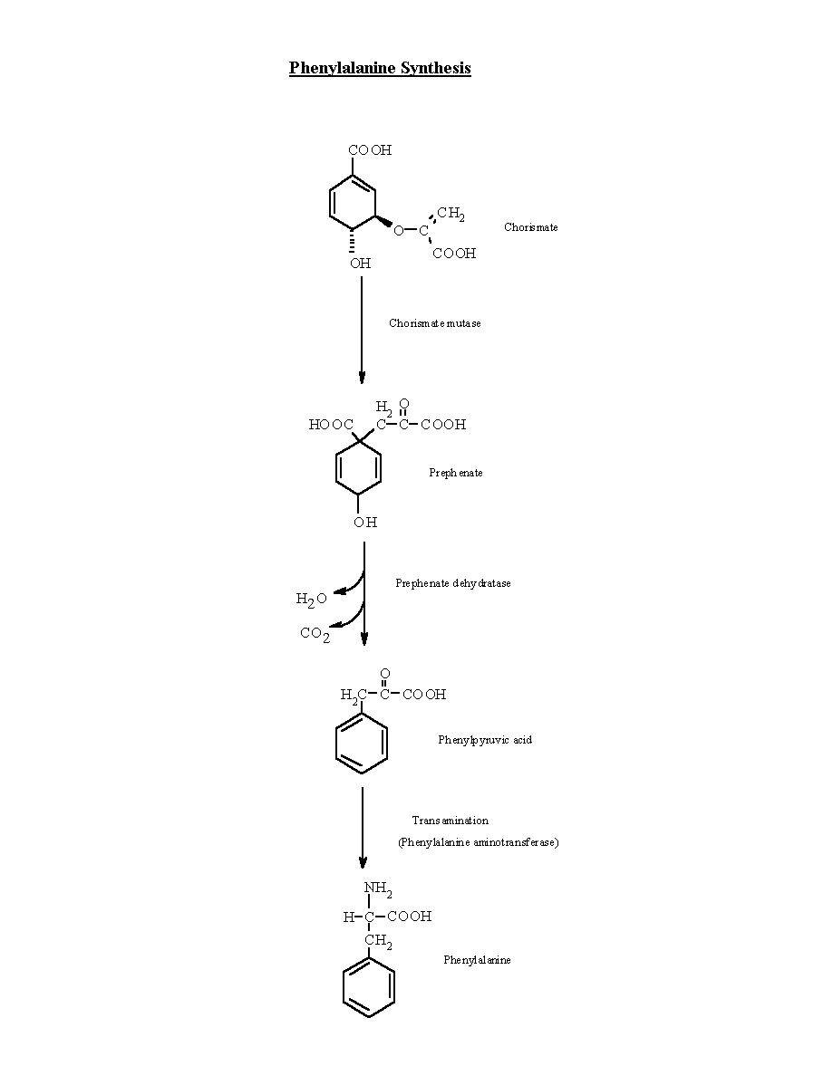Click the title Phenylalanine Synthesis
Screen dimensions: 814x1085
(380, 68)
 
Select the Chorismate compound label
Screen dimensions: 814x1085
(530, 227)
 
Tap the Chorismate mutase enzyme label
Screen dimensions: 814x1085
(434, 323)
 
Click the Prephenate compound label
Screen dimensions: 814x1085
(455, 473)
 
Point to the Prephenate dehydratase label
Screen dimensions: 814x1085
(453, 583)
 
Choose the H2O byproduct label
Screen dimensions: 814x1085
(311, 600)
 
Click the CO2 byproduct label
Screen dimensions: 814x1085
(315, 634)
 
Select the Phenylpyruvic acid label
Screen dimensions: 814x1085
(485, 740)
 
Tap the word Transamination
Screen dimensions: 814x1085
(451, 821)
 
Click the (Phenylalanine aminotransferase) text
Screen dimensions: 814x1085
(478, 842)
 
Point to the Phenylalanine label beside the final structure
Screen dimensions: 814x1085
(477, 960)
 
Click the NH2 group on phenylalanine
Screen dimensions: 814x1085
(378, 888)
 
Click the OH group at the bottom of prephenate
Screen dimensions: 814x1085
(365, 523)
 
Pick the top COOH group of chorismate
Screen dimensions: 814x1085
(370, 150)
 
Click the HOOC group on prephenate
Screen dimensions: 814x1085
(331, 424)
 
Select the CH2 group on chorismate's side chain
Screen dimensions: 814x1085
(451, 213)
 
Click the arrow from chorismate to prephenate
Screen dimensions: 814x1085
(362, 330)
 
